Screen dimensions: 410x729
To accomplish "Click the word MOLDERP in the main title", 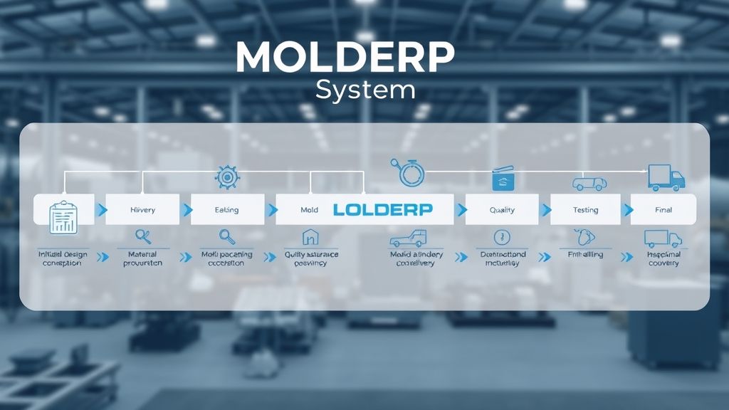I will point(345,58).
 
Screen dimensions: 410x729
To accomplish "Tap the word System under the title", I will point(365,90).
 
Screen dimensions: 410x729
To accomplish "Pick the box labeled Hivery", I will point(142,210).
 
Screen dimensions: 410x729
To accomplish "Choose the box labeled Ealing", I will point(226,210).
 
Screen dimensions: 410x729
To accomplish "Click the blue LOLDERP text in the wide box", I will point(382,210).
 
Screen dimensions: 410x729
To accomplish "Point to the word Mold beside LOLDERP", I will point(310,210).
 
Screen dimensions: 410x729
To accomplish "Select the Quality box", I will point(502,210).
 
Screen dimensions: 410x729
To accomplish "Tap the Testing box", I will point(585,210).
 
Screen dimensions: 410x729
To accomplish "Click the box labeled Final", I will point(663,210).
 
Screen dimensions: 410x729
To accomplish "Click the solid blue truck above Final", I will point(666,177).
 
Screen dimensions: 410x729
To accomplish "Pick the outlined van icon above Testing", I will point(589,183).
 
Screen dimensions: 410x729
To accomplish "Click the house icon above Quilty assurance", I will point(310,237).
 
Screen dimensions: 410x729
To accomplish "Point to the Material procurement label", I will point(142,258).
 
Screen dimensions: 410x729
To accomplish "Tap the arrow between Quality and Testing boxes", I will point(546,210).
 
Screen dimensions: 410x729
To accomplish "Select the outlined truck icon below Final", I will point(661,238).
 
